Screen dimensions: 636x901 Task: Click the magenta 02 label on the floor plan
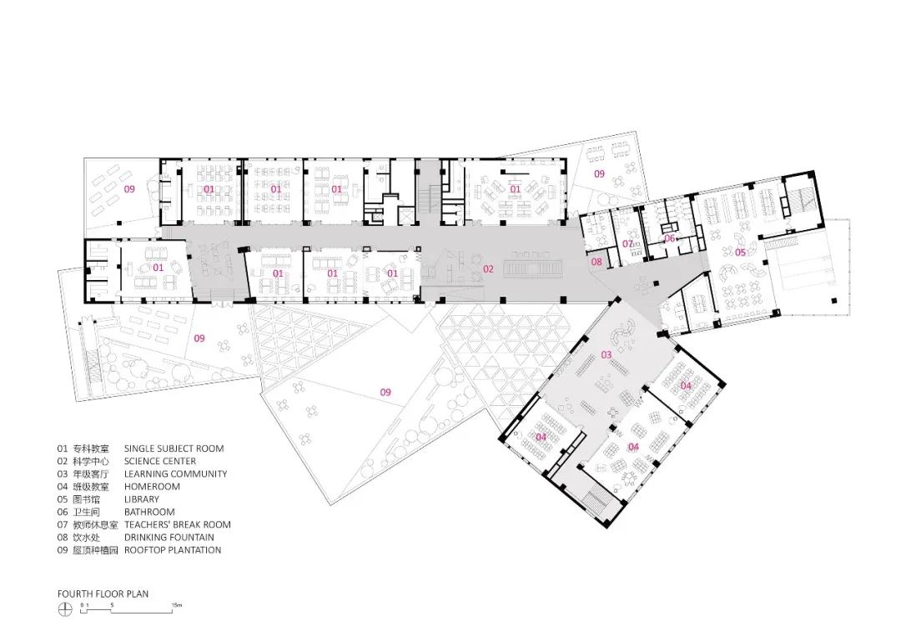pos(488,268)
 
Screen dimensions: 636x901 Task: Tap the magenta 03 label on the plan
pos(607,355)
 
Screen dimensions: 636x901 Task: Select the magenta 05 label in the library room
pos(740,252)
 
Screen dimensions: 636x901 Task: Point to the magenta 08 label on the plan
pos(596,262)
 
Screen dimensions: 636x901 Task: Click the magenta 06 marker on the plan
pos(669,238)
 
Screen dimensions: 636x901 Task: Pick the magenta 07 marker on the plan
pos(627,243)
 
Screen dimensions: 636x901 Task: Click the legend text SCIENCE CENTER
pos(160,461)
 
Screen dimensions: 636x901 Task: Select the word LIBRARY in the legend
pos(143,499)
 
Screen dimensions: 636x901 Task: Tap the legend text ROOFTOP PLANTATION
pos(173,550)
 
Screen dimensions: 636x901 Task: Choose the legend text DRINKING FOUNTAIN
pos(169,538)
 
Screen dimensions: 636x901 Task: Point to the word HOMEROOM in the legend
pos(152,487)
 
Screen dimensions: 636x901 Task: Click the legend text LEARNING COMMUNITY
pos(175,473)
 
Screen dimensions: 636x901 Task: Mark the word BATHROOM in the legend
pos(149,512)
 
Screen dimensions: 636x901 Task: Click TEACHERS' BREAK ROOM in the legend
pos(178,524)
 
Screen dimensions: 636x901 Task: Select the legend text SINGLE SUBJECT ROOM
pos(174,448)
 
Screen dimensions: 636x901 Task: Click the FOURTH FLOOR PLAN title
pos(103,594)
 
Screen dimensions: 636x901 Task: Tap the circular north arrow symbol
pos(63,610)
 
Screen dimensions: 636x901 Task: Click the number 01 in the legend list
pos(63,448)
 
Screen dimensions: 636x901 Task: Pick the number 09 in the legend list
pos(63,550)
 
